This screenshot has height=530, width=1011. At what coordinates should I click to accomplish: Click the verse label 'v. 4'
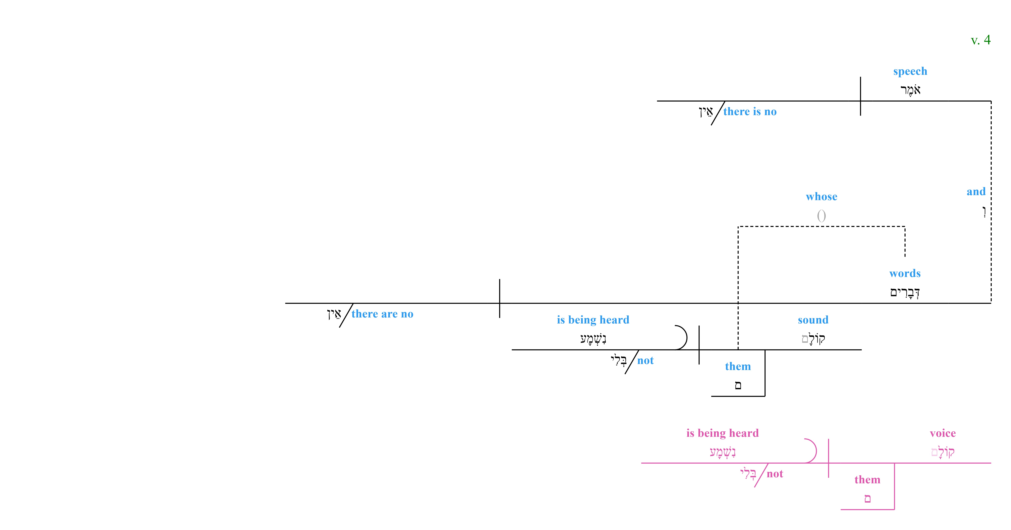coord(980,40)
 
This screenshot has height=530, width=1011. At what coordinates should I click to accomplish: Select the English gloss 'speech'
coord(910,71)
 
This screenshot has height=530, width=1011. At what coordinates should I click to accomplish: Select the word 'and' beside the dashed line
coord(976,192)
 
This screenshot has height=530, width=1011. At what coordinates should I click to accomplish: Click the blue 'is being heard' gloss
coord(593,320)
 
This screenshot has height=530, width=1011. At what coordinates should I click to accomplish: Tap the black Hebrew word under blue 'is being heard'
coord(593,338)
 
